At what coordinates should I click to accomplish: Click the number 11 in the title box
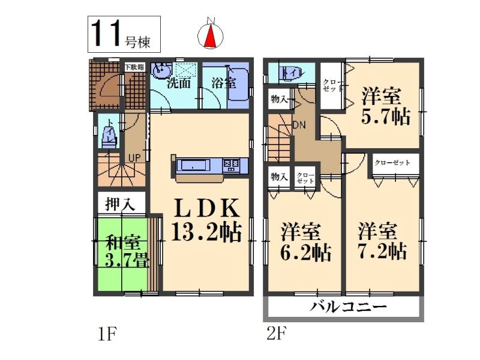pyautogui.click(x=106, y=34)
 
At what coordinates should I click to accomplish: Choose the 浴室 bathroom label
pyautogui.click(x=223, y=83)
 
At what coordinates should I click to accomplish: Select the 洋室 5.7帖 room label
pyautogui.click(x=385, y=107)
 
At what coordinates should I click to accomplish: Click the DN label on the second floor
pyautogui.click(x=299, y=125)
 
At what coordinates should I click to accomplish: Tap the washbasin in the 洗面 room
pyautogui.click(x=160, y=73)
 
